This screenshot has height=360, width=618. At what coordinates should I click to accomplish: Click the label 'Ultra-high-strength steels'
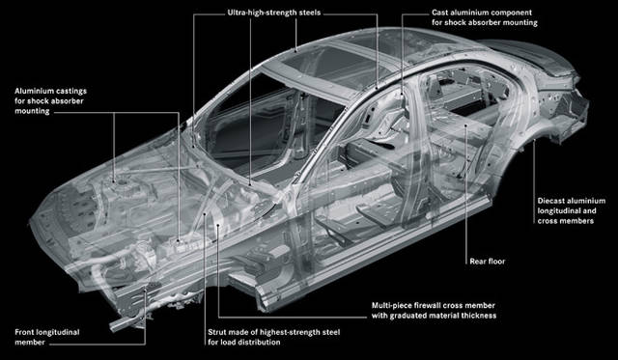pyautogui.click(x=274, y=13)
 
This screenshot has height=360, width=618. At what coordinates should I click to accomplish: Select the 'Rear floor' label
pyautogui.click(x=487, y=262)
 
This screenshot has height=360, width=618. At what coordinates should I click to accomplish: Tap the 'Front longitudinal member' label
pyautogui.click(x=47, y=337)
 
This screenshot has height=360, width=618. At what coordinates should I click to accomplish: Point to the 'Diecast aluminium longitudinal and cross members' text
pyautogui.click(x=571, y=210)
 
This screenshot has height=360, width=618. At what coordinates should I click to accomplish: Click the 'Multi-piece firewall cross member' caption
pyautogui.click(x=434, y=305)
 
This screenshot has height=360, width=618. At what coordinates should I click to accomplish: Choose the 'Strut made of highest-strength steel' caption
pyautogui.click(x=274, y=332)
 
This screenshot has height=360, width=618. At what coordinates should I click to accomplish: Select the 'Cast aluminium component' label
pyautogui.click(x=482, y=13)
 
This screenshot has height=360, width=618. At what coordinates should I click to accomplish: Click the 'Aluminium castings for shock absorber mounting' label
pyautogui.click(x=50, y=100)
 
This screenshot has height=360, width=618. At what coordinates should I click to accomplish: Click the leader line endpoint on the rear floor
pyautogui.click(x=466, y=126)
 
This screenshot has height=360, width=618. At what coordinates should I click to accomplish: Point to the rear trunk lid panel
pyautogui.click(x=528, y=55)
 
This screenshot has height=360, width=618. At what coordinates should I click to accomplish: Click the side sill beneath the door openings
pyautogui.click(x=375, y=252)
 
